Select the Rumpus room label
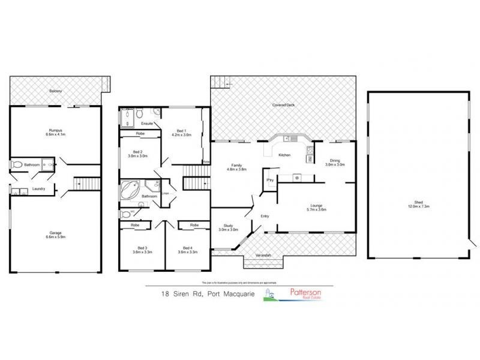(x=56, y=130)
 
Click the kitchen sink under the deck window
(x=287, y=139)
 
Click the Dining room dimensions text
(x=335, y=164)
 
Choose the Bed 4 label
(x=188, y=247)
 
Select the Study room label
(x=227, y=225)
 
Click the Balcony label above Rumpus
(x=56, y=91)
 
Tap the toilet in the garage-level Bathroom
(x=19, y=164)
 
